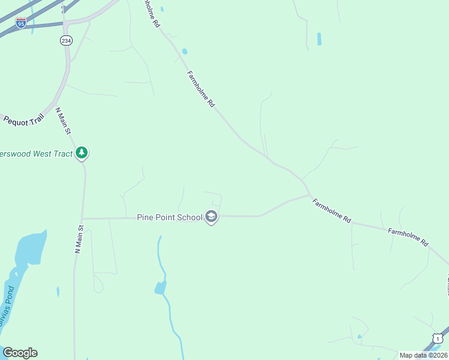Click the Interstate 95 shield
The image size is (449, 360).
coord(21,23)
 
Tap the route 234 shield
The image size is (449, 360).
coord(65,40)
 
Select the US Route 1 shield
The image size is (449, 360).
coord(438,339)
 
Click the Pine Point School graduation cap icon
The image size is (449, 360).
coord(211,217)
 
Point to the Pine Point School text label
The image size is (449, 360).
coord(169,217)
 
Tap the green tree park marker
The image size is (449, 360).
coord(82,154)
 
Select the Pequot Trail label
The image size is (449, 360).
coord(24,119)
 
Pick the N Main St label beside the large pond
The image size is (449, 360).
coord(77,239)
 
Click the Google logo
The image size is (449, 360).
coord(20,353)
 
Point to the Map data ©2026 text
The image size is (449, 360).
coord(423,355)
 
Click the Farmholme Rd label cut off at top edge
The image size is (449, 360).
coord(151,13)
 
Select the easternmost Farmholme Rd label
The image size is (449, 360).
coord(408,236)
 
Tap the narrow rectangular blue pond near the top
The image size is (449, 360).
coord(319,39)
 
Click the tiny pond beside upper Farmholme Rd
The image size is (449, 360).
coord(184,52)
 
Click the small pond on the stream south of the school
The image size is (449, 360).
coord(160,287)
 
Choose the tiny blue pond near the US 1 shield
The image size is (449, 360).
coord(360,337)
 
